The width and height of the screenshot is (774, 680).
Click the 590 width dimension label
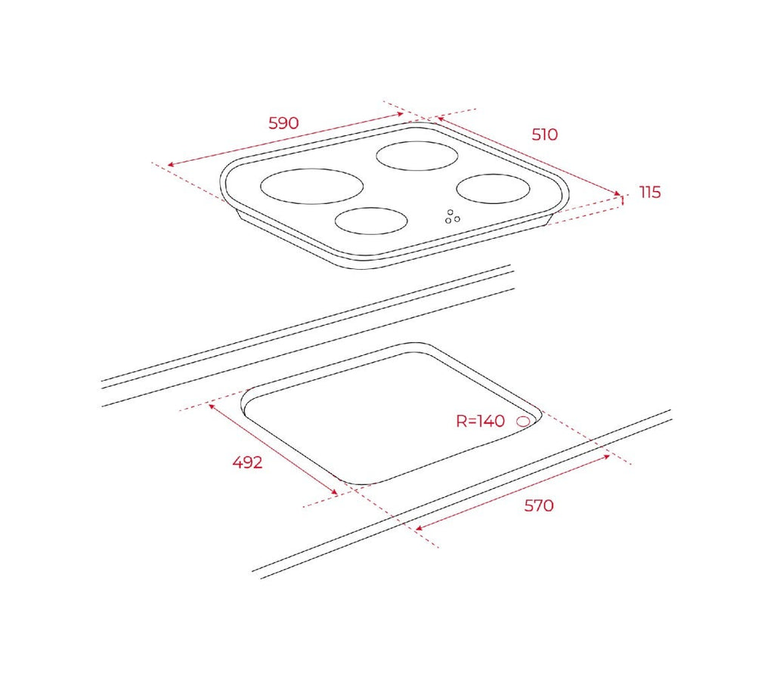[283, 123]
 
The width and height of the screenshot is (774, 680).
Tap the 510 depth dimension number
[544, 134]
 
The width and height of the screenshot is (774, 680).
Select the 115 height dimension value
[649, 192]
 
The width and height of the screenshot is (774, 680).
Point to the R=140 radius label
[480, 421]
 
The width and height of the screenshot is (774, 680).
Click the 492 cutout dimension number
[247, 462]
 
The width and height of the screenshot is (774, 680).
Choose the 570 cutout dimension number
[538, 505]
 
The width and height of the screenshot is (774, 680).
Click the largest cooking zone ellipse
[312, 186]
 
